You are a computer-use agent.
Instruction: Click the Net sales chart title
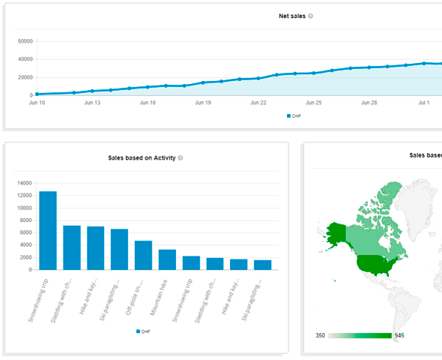tap(291, 15)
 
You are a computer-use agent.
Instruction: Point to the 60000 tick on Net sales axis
tap(23, 40)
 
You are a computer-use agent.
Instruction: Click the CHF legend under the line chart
tap(296, 116)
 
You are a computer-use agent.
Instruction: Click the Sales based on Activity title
tap(142, 158)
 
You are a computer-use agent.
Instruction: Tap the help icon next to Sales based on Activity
tap(181, 158)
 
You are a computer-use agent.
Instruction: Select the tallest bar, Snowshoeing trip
tap(48, 230)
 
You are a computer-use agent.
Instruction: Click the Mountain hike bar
tap(168, 259)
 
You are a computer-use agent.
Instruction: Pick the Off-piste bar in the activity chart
tap(144, 255)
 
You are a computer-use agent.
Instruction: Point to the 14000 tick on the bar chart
tap(22, 183)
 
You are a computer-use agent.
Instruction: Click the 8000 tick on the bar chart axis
tap(23, 220)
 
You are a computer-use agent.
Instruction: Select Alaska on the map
tap(337, 234)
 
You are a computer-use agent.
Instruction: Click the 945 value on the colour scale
tap(399, 335)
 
